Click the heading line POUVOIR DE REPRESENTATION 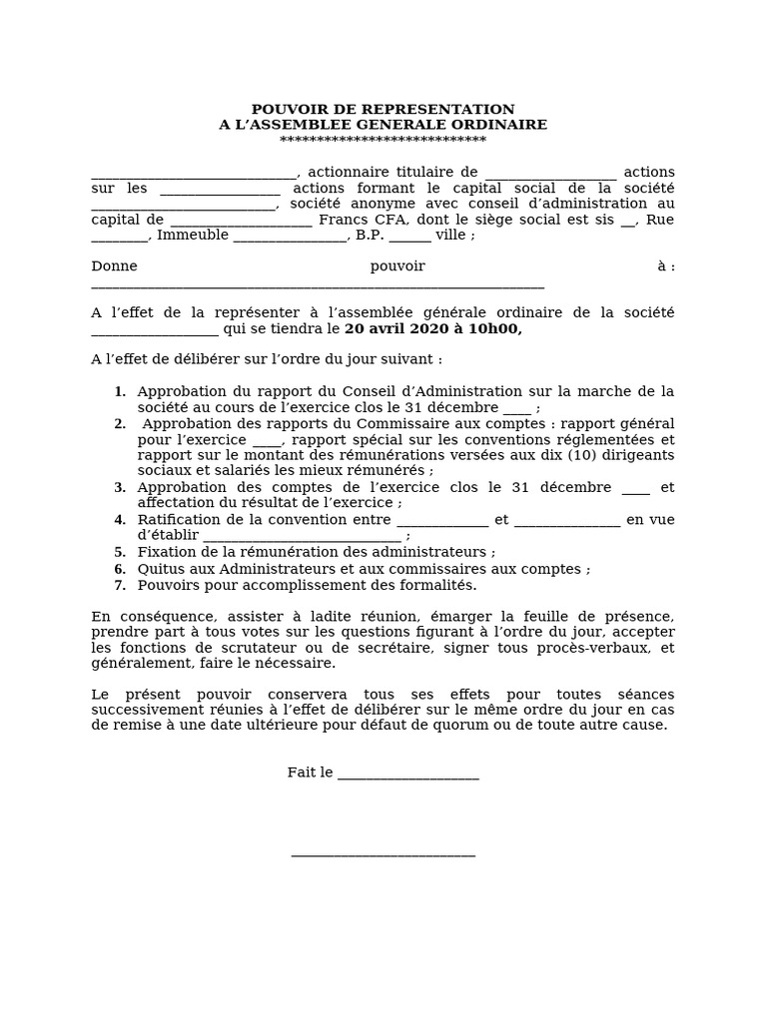coord(383,109)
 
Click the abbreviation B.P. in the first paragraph coord(370,236)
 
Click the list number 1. coord(120,392)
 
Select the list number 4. coord(120,520)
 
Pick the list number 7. coord(120,586)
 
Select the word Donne coord(114,266)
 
